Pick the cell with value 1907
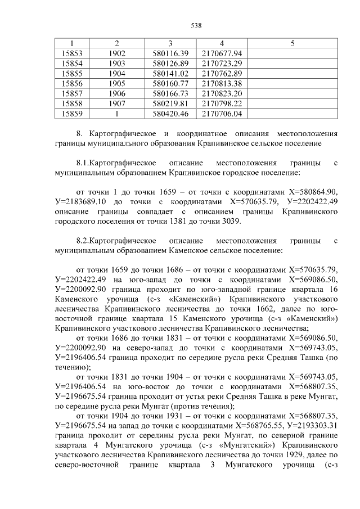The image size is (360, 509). (116, 103)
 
